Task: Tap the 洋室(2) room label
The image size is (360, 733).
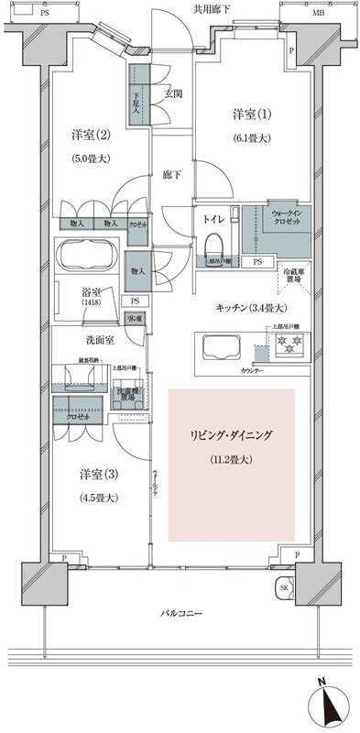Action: pos(91,135)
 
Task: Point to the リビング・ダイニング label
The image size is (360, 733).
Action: pos(232,433)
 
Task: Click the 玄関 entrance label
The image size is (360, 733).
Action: pos(172,94)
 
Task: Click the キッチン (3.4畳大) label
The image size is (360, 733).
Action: pos(252,307)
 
